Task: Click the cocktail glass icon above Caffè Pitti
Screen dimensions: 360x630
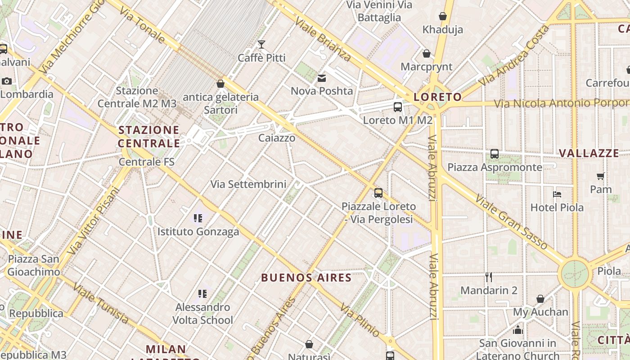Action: pos(261,44)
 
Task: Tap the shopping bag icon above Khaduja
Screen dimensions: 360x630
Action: pos(443,16)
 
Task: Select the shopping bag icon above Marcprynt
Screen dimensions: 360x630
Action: pos(426,54)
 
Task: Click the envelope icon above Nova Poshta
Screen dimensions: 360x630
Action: pos(322,78)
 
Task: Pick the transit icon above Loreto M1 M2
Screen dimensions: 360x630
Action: pos(398,107)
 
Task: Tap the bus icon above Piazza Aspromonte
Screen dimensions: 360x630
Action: pos(495,154)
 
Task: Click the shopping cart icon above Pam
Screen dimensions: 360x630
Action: pos(600,176)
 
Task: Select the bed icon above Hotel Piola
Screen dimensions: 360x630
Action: pos(557,194)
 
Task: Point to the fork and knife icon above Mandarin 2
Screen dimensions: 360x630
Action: pos(489,277)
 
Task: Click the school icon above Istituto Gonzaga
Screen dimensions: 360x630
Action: pos(198,218)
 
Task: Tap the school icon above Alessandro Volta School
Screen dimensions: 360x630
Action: pos(202,294)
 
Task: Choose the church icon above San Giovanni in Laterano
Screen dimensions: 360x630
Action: pos(517,330)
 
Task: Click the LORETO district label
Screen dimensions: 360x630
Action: pos(437,97)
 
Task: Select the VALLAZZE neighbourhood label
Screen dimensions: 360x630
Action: pos(589,153)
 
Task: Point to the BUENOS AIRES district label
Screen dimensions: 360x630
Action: pos(306,277)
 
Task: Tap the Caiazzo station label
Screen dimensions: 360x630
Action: pos(277,138)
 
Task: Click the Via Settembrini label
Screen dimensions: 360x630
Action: pos(248,184)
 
